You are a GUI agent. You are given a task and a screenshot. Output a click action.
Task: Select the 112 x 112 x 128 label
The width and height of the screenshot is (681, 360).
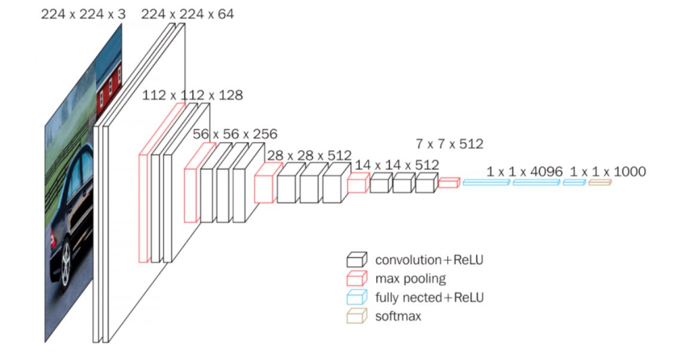(192, 95)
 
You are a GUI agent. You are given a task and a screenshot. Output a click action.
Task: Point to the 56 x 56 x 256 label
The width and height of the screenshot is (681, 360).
(235, 134)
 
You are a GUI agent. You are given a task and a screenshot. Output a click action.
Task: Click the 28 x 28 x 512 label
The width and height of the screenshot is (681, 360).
(309, 155)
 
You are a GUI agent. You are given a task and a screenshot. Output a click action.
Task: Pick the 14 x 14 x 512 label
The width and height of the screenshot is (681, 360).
(397, 165)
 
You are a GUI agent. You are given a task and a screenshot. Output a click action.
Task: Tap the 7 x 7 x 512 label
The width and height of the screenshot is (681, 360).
(449, 144)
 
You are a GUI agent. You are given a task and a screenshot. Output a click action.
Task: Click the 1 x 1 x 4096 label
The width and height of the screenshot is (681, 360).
(524, 172)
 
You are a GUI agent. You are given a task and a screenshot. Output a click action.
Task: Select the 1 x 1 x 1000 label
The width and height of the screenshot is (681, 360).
(607, 172)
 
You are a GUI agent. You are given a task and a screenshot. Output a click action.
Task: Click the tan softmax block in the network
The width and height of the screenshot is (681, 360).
(600, 182)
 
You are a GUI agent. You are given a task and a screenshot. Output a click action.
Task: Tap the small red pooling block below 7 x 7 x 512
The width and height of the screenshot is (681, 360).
(448, 183)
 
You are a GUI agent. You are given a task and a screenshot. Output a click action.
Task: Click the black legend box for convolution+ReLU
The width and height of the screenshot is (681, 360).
(356, 260)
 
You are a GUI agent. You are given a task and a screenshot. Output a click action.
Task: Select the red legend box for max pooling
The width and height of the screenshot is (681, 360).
(356, 278)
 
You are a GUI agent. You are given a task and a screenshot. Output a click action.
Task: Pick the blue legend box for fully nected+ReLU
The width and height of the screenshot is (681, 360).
(356, 297)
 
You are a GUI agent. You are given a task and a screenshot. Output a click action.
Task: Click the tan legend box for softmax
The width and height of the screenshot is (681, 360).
(356, 316)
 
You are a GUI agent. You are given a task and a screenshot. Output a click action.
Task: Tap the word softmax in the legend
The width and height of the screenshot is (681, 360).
(398, 316)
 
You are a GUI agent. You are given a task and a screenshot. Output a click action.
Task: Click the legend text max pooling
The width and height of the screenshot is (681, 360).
(410, 279)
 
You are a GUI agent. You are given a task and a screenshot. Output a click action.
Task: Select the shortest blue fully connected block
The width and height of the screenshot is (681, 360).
(573, 182)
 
